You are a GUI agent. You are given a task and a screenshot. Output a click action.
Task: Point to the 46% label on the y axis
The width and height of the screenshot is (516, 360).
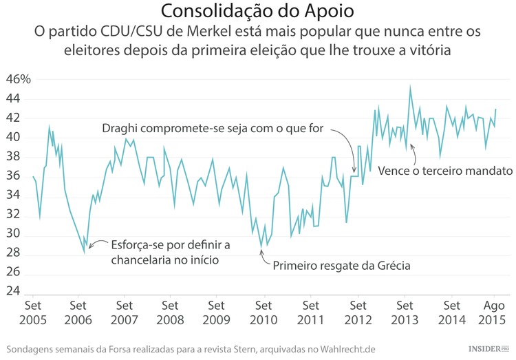coord(19,79)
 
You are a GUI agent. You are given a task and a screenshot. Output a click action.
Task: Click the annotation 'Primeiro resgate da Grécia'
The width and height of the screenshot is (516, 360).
coord(341,266)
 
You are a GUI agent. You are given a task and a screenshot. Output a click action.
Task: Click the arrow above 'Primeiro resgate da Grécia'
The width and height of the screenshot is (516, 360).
coord(261,255)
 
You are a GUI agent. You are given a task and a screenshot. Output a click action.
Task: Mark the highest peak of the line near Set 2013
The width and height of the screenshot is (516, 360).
coord(411,87)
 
